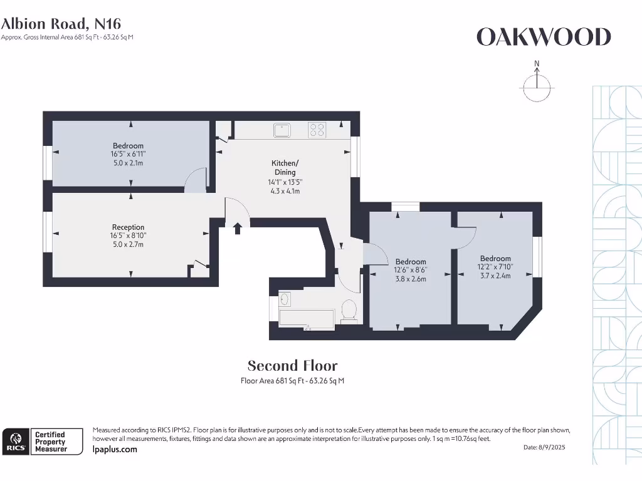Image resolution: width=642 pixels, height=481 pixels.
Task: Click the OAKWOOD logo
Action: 543,38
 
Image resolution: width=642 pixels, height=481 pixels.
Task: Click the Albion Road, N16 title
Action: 61,24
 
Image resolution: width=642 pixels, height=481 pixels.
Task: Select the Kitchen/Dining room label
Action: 285,168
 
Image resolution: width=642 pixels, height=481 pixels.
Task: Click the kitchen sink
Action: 282,130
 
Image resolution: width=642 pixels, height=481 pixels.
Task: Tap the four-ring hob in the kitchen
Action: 317,130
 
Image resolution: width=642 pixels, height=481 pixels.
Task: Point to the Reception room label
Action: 128,227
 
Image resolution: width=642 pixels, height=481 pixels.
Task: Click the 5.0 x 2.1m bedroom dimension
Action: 128,163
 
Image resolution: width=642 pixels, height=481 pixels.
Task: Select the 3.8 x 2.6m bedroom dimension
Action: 411,279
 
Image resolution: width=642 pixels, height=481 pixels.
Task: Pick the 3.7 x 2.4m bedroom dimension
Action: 495,275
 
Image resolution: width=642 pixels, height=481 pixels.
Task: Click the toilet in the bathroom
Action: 349,310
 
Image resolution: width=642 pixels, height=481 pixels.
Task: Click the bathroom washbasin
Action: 284,299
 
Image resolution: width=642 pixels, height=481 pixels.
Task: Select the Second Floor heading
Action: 292,366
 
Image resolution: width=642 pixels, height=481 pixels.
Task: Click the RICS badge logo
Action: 15,441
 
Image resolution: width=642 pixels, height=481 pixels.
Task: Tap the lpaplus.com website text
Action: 114,449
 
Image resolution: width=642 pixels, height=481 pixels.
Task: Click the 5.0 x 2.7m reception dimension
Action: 128,244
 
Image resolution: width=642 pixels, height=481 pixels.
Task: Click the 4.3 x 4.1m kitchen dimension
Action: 284,191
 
